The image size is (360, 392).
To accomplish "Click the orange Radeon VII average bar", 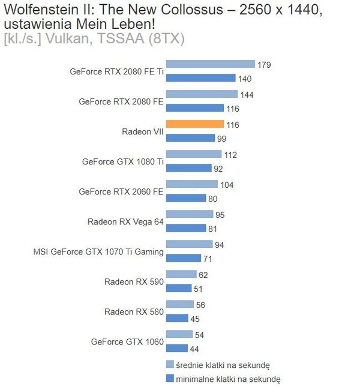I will [x=194, y=124].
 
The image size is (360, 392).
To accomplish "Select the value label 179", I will [x=264, y=65].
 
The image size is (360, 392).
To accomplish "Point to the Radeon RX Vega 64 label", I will [x=125, y=222].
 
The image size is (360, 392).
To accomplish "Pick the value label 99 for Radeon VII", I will [x=222, y=139].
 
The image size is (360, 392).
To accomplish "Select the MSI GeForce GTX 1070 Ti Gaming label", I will [x=98, y=252].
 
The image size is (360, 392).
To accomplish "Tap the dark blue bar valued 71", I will [x=184, y=258].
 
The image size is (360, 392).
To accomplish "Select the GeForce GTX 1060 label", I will [x=127, y=342].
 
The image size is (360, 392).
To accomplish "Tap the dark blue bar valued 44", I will [x=177, y=348].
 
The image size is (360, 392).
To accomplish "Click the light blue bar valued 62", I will [x=181, y=274].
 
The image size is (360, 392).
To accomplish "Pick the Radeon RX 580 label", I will [x=134, y=312].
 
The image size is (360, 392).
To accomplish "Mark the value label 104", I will [x=227, y=185].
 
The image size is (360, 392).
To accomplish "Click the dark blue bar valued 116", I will [x=194, y=108].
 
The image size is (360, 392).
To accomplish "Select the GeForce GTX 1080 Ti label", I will [x=122, y=161].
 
